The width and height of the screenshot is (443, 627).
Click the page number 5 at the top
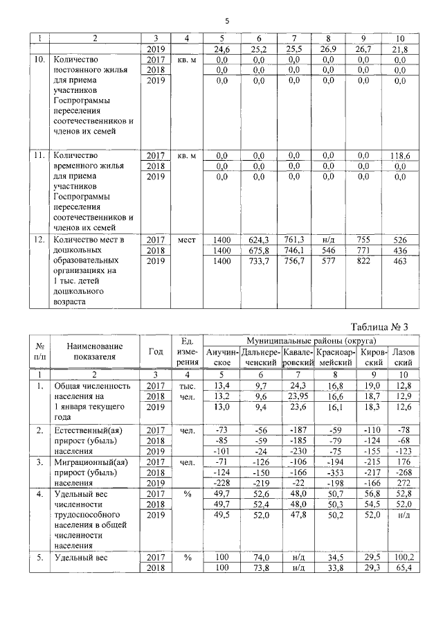tap(226, 20)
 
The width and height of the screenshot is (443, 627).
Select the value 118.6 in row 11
tap(399, 157)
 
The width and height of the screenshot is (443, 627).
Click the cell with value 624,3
tap(258, 240)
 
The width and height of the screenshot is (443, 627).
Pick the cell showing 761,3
tap(295, 240)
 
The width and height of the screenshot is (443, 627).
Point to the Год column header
tap(156, 351)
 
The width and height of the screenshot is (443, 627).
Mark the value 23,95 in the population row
tap(295, 396)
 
